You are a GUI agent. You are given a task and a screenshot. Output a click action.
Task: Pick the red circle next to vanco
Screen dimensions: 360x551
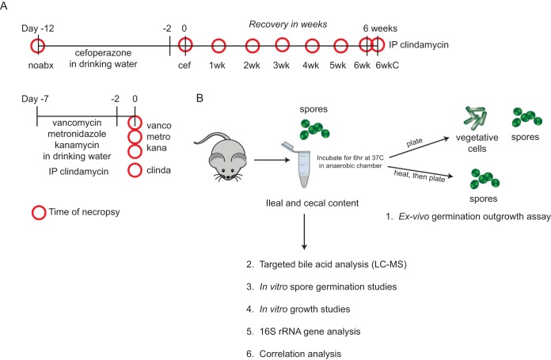pyautogui.click(x=136, y=123)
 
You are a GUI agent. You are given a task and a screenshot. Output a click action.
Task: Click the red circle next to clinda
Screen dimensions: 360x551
pyautogui.click(x=136, y=172)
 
